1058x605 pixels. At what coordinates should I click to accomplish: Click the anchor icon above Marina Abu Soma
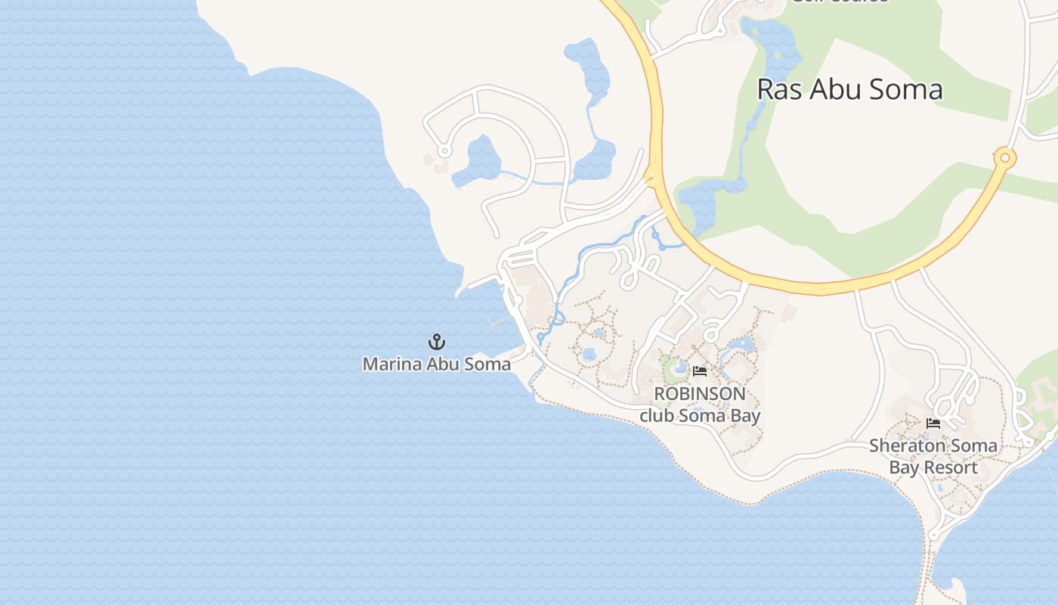point(437,342)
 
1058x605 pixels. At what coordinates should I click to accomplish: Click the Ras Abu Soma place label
point(849,89)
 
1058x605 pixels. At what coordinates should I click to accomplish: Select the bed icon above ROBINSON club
point(700,371)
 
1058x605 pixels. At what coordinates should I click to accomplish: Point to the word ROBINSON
point(700,394)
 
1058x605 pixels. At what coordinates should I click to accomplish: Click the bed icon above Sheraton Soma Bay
point(933,423)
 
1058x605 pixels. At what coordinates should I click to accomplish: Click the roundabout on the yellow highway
point(1004,158)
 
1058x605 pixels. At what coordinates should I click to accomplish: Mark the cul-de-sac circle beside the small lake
point(444,151)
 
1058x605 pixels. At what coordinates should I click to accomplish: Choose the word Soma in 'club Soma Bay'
point(706,415)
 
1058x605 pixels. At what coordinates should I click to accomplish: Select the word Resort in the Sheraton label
point(949,467)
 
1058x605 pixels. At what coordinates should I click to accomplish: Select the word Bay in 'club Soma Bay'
point(747,415)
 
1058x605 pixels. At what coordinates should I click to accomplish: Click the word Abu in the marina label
point(444,364)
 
